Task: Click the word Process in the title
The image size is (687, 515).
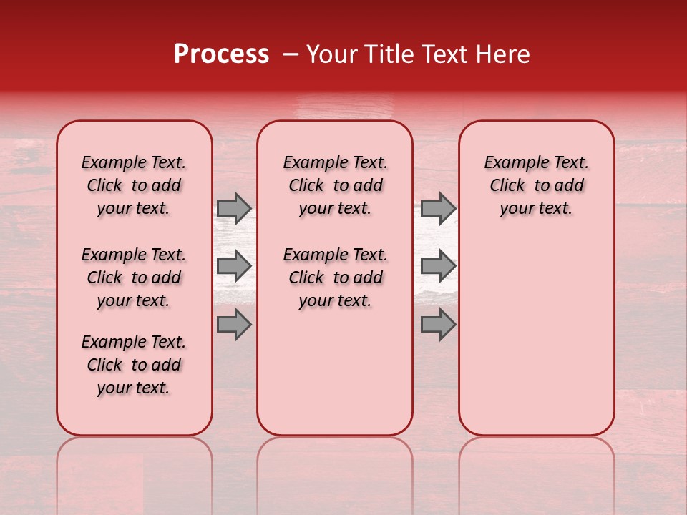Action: click(221, 54)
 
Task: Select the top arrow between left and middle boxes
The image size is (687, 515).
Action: click(234, 208)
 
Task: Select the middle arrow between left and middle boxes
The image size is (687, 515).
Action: click(234, 266)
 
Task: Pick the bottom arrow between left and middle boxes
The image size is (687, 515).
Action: click(234, 324)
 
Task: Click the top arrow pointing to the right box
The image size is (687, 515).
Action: click(438, 208)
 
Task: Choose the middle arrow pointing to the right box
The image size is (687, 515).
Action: click(438, 266)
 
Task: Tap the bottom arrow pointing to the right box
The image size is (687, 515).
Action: click(438, 324)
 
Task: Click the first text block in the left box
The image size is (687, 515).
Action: click(134, 185)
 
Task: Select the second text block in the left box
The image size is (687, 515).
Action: click(134, 278)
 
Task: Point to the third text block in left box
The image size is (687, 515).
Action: click(134, 365)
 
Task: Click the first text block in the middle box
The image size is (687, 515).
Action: click(335, 185)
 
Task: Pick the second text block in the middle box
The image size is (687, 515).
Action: click(335, 278)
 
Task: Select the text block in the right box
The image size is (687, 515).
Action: click(537, 185)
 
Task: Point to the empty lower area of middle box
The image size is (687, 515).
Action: click(335, 372)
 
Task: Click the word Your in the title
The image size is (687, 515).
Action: click(331, 54)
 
